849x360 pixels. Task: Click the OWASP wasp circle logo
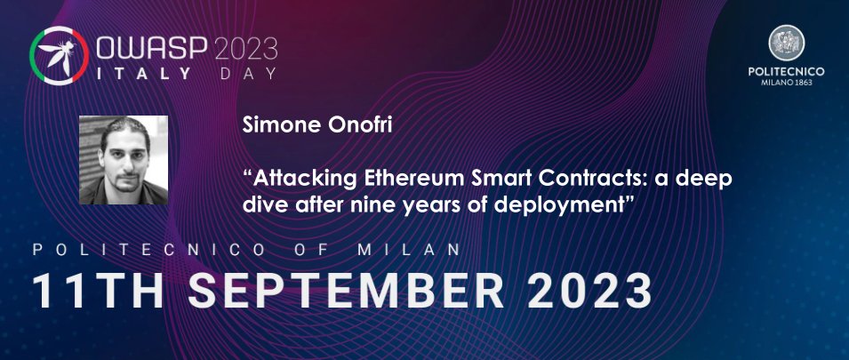point(59,56)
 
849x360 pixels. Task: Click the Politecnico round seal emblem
point(786,43)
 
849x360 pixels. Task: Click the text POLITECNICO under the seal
point(787,71)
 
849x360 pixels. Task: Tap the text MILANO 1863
point(787,83)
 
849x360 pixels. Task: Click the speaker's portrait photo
point(124,160)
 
